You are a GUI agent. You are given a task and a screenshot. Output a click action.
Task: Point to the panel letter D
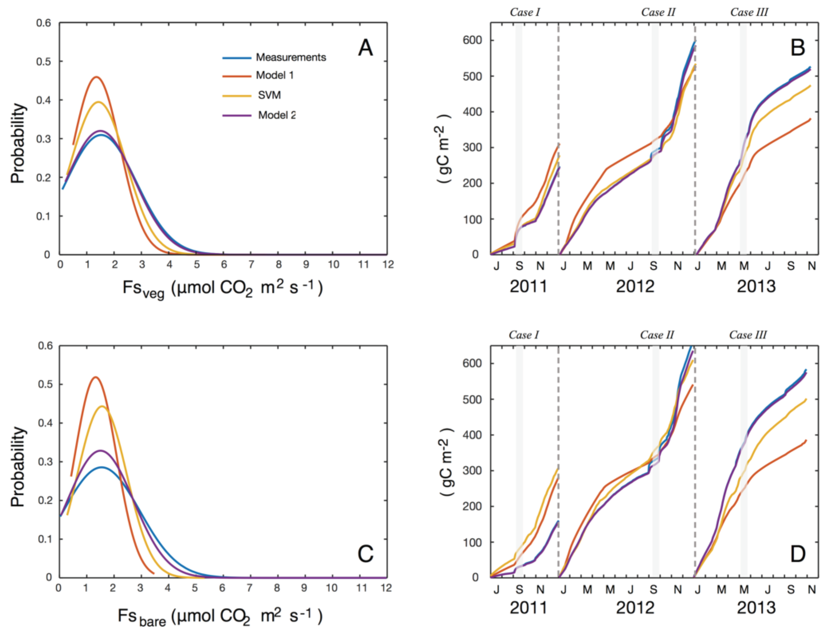pyautogui.click(x=797, y=555)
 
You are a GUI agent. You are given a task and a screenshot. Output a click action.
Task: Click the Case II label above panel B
pyautogui.click(x=658, y=12)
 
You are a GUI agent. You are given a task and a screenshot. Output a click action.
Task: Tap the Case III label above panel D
pyautogui.click(x=748, y=335)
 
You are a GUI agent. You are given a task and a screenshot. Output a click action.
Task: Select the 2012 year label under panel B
pyautogui.click(x=635, y=286)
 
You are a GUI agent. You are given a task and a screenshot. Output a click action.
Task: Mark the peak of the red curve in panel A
pyautogui.click(x=96, y=77)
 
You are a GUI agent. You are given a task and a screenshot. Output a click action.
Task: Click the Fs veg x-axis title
pyautogui.click(x=222, y=289)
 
